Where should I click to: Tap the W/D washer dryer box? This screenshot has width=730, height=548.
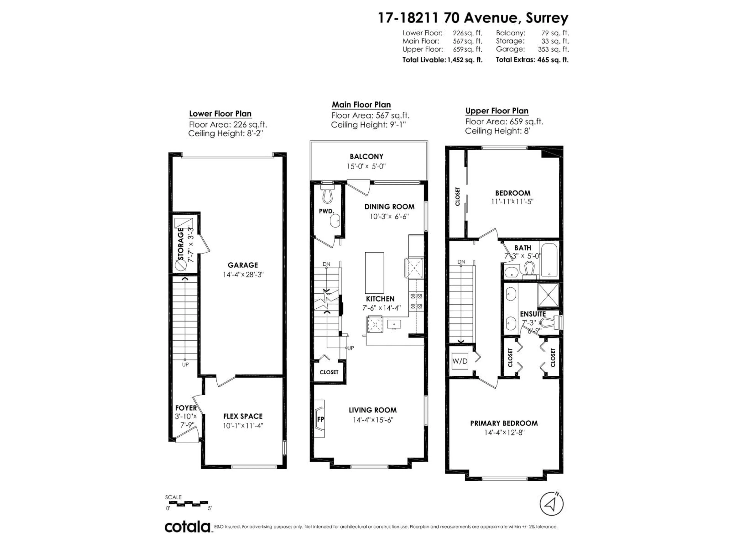pos(460,361)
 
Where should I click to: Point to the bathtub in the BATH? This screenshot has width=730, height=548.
pos(549,259)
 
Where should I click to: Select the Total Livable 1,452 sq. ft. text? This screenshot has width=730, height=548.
pos(442,60)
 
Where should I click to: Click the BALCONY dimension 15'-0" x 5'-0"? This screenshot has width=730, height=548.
pos(366,166)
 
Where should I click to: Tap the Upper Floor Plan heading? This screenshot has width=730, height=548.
pos(497,111)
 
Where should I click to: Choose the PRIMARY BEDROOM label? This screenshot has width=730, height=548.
pos(504,423)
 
